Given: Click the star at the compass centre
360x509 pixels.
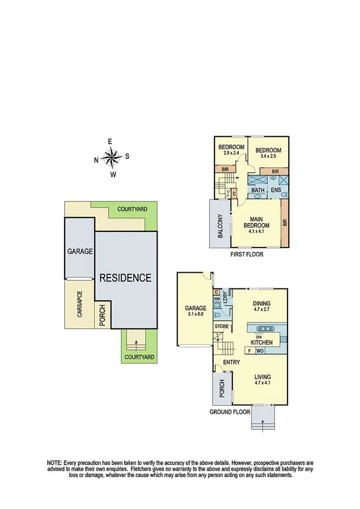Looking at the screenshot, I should (111, 158).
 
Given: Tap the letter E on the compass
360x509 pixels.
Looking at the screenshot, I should (111, 141).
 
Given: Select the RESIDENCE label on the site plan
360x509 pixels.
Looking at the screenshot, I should (125, 278).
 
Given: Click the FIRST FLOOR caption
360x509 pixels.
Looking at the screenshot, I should (247, 254).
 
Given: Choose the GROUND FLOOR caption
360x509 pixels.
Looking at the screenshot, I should (229, 412).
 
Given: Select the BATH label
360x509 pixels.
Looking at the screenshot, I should (258, 191).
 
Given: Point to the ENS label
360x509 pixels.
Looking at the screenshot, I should (276, 191).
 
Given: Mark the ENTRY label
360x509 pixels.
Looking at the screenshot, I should (231, 362).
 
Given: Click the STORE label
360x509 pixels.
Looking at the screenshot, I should (221, 326).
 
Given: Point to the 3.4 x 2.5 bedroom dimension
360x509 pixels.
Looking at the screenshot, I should (264, 156).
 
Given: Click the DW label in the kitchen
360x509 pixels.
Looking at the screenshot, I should (258, 336).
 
